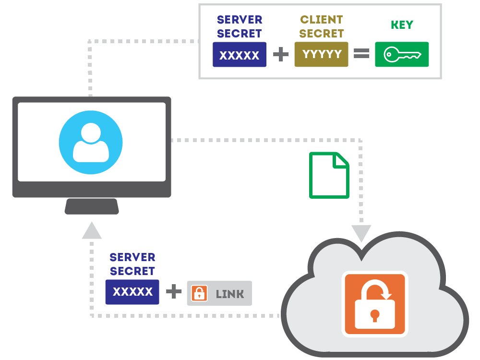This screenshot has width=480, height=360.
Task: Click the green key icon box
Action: (402, 55)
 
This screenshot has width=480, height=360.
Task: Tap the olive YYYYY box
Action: (321, 55)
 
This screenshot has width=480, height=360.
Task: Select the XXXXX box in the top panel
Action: (240, 55)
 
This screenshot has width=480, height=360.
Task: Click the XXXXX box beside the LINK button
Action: (132, 292)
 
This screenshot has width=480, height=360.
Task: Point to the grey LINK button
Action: (219, 293)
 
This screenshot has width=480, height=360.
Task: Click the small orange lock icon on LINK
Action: (199, 293)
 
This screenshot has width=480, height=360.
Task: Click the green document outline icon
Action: (329, 175)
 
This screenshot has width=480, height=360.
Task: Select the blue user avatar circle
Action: (91, 143)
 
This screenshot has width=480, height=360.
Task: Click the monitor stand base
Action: (92, 206)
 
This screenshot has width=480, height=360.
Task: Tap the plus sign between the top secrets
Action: (281, 54)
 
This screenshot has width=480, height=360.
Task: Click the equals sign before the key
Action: (361, 54)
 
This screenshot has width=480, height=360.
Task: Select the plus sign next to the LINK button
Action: (173, 292)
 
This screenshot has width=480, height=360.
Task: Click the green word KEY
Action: (402, 25)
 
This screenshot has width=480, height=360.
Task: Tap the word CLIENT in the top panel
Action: (322, 20)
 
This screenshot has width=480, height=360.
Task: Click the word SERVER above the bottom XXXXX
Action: (132, 257)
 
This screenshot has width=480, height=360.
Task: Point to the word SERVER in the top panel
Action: (240, 20)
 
